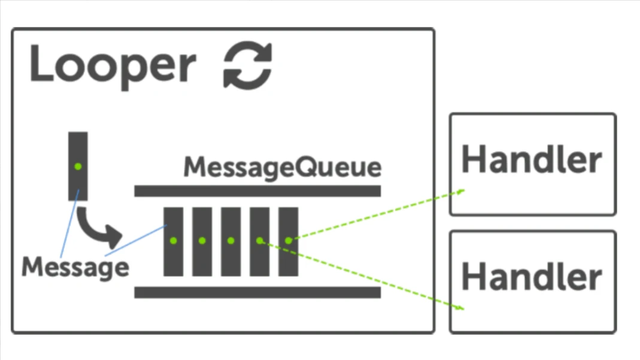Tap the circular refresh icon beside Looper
(x=247, y=66)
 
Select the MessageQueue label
(x=282, y=168)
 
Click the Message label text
(x=75, y=267)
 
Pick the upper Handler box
(x=532, y=164)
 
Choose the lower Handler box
(x=532, y=281)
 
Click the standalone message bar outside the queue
(x=78, y=166)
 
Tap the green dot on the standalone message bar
(x=78, y=166)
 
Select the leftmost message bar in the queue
(x=173, y=241)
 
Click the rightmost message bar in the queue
(x=288, y=241)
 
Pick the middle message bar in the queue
(x=230, y=241)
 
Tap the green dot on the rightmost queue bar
(x=288, y=240)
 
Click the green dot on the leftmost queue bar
(x=173, y=240)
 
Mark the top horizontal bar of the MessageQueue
(x=257, y=191)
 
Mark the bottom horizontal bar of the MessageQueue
(x=257, y=292)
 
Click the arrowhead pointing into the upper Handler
(x=461, y=192)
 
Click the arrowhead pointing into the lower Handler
(x=460, y=308)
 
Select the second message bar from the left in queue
(x=202, y=241)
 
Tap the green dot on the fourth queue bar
(x=259, y=240)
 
